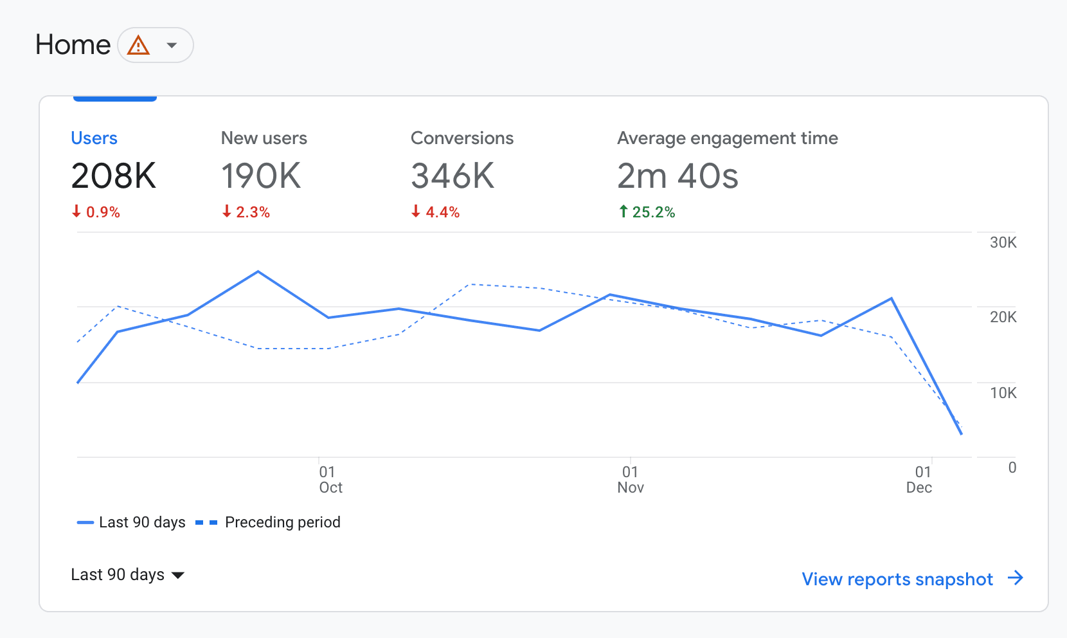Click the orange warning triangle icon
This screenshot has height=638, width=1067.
139,45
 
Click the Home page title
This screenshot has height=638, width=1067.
73,45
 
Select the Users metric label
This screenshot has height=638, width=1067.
94,138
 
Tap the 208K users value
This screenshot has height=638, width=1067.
113,176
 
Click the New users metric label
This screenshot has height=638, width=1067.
264,138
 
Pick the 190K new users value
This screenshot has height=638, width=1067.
261,176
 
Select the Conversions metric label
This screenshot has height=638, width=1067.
462,138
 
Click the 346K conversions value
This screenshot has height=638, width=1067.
453,176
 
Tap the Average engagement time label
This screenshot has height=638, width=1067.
728,138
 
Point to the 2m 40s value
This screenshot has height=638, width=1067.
678,176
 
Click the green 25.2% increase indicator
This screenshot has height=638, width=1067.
647,212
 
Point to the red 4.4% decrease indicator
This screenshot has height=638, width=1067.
435,212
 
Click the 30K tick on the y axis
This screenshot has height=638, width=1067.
1003,242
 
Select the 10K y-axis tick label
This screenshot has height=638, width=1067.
1003,393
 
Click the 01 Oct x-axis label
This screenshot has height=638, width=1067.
330,480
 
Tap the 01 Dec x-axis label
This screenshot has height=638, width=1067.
919,480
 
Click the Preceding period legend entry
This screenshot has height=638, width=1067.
268,522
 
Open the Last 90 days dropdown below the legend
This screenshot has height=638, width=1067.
128,574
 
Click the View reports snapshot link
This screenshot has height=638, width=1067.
913,579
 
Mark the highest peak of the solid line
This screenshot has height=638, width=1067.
258,271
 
